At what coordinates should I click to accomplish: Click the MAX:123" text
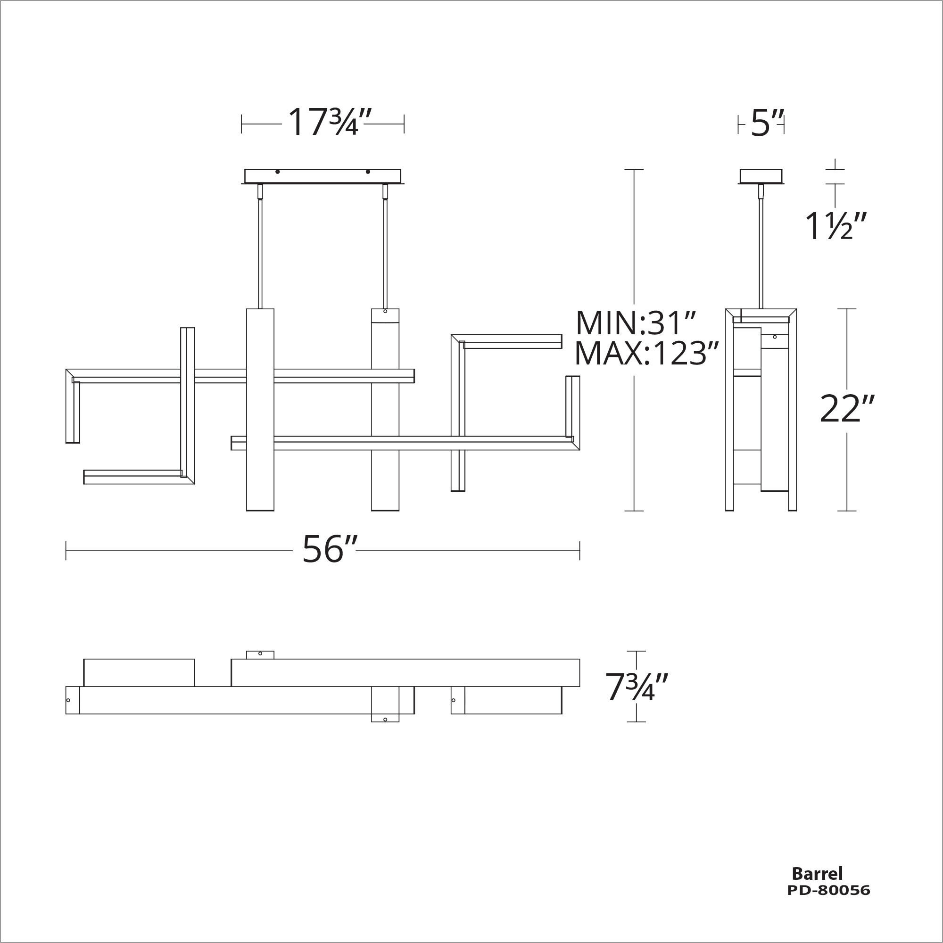(647, 354)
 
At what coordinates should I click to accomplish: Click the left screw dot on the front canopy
(278, 172)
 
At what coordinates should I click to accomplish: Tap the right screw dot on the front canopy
(368, 172)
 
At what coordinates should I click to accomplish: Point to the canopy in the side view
(761, 176)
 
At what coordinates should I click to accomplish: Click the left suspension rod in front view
(260, 254)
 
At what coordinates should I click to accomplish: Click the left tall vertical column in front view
(260, 410)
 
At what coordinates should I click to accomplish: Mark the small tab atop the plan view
(260, 654)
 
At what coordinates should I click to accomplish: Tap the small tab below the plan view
(385, 718)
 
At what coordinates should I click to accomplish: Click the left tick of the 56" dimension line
(66, 551)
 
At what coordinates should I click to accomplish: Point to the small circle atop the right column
(385, 311)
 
